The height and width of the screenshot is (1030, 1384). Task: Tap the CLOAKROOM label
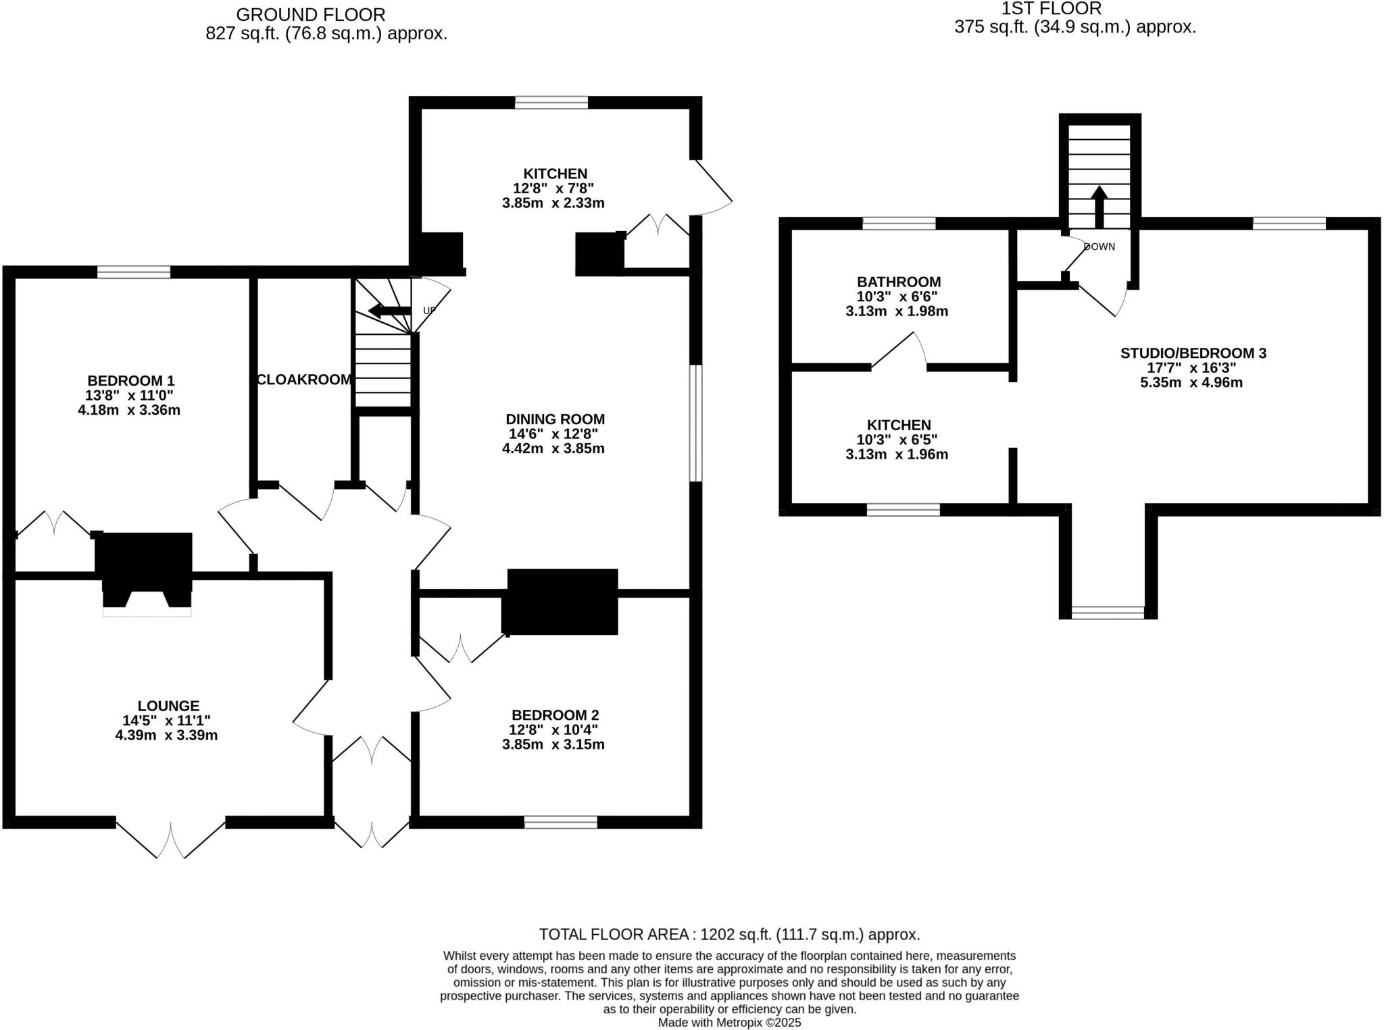[304, 380]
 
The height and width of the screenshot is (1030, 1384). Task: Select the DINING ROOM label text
[554, 419]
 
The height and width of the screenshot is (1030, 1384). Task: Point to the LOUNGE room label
[168, 706]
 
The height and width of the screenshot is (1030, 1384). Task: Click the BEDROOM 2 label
[555, 715]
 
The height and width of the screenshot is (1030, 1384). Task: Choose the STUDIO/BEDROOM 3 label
[1193, 353]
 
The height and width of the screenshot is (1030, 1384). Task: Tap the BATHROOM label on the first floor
[898, 282]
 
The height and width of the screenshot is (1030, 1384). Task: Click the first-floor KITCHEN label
[898, 425]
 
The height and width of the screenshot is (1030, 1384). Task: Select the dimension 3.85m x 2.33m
[553, 203]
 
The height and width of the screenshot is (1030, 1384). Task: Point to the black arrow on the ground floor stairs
[389, 311]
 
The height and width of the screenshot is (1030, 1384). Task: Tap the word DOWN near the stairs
[1099, 247]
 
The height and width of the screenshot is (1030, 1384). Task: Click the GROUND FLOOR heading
[310, 14]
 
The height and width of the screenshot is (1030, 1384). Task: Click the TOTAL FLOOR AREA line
[728, 935]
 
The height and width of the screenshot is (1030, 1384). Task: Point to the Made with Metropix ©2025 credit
[729, 1023]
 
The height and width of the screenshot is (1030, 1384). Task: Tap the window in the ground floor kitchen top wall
[551, 103]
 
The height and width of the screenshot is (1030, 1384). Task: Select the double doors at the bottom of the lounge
[170, 838]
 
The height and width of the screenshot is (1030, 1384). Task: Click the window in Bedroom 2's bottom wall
[560, 822]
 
